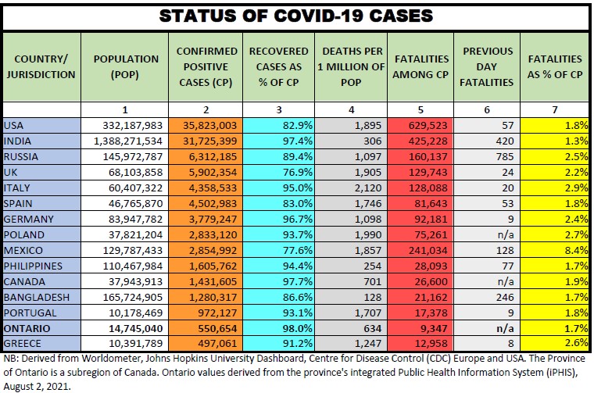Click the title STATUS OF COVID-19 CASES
click(296, 16)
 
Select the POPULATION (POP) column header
click(125, 66)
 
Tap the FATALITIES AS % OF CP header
click(555, 66)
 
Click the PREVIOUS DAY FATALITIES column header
click(488, 66)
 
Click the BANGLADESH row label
click(36, 297)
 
